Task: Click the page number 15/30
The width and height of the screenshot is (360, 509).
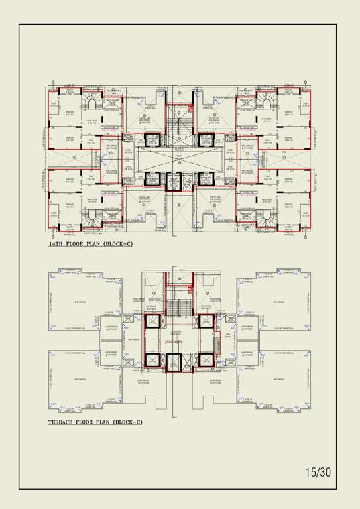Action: tap(318, 472)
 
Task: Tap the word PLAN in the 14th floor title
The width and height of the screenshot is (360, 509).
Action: tap(96, 244)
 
